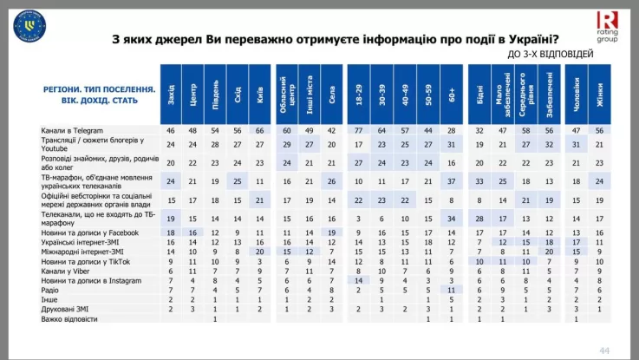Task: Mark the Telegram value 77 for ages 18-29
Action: (358, 129)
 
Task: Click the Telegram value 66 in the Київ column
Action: (260, 129)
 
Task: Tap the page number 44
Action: (604, 349)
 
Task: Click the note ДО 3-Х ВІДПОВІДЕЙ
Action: (563, 54)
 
